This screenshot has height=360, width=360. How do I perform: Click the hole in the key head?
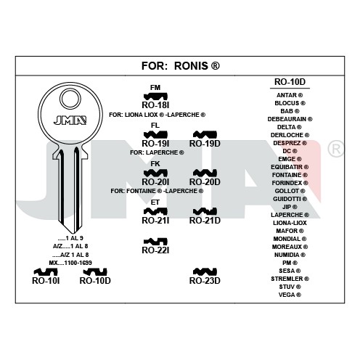[x=70, y=99]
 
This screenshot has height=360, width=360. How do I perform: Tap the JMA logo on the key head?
[x=70, y=120]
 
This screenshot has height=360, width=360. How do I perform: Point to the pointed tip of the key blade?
[x=71, y=234]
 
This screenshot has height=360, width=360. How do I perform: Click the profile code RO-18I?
[x=155, y=105]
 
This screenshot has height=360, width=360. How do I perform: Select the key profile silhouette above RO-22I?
[x=155, y=241]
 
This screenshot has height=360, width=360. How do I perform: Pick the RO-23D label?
[x=205, y=281]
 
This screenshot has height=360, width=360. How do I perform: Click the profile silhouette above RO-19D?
[x=205, y=135]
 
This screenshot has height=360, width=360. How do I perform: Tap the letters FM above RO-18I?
[x=155, y=88]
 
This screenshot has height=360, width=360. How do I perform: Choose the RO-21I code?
[x=155, y=221]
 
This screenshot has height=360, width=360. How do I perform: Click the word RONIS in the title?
[x=191, y=66]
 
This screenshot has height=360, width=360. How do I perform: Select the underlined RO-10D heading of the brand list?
[x=290, y=82]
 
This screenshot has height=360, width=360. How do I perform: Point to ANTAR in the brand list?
[x=287, y=95]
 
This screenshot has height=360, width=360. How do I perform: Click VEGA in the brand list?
[x=287, y=295]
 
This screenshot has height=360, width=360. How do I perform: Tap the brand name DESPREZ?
[x=287, y=143]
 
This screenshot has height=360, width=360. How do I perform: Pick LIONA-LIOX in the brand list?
[x=290, y=223]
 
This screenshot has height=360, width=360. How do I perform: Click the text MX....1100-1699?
[x=70, y=263]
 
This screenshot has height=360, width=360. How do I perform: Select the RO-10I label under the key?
[x=46, y=281]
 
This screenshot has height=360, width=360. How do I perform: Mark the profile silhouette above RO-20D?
[x=205, y=173]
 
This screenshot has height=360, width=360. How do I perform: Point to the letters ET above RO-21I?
[x=155, y=202]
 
